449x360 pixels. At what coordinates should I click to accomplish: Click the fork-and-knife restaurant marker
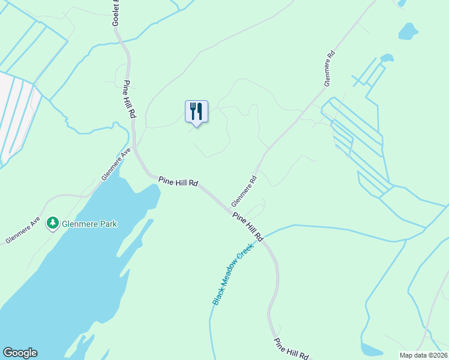coord(196,112)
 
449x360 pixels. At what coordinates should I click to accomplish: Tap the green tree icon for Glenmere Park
coord(53,223)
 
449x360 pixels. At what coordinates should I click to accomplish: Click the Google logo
coord(20,353)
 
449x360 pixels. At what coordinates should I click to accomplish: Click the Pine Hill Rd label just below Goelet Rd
coord(130,100)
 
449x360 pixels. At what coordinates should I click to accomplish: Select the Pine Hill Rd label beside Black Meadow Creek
coord(248,227)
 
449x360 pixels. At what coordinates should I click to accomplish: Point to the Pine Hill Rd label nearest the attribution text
coord(291,349)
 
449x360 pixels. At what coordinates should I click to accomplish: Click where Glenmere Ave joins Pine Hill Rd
coord(134,149)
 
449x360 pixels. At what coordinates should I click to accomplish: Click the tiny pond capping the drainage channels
coord(386,58)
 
